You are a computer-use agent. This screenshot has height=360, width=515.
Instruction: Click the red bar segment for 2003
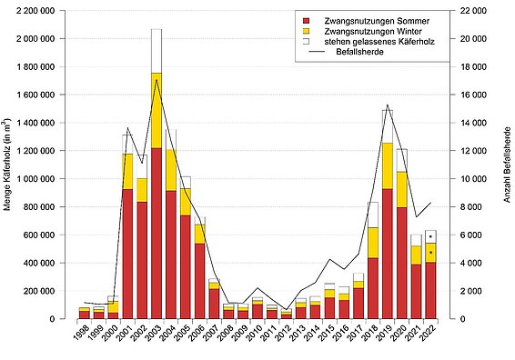[157, 233]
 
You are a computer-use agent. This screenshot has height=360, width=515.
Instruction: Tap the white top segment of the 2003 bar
[157, 51]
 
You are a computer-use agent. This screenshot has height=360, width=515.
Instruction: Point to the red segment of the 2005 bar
[185, 266]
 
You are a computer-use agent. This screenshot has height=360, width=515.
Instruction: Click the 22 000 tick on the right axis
[469, 11]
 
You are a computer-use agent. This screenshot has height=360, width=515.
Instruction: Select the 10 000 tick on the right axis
[469, 179]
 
